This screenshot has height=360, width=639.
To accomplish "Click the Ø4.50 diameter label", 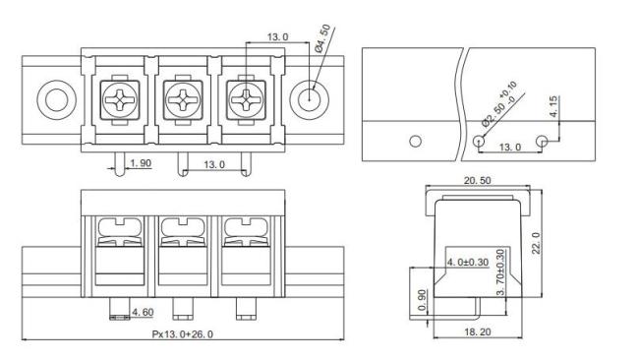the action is (323, 38).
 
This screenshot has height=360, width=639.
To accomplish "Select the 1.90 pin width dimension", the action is (141, 163).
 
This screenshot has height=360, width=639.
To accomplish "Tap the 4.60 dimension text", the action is (144, 313).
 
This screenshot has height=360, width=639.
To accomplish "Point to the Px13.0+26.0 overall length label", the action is (183, 334).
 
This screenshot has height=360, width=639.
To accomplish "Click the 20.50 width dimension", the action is (477, 180).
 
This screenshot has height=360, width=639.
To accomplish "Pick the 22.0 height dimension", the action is (536, 243).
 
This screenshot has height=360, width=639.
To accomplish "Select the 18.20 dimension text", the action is (478, 331).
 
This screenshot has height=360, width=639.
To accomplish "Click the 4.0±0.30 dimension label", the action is (468, 262).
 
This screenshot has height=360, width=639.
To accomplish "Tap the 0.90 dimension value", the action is (423, 300).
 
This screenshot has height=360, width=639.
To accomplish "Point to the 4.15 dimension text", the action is (553, 106).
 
